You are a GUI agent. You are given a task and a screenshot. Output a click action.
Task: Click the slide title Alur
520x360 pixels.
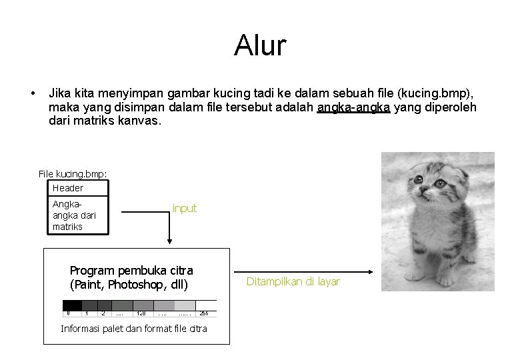(x=260, y=46)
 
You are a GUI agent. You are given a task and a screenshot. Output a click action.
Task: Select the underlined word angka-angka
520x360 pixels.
(x=353, y=108)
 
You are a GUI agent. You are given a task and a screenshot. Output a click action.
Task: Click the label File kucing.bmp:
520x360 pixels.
(x=73, y=174)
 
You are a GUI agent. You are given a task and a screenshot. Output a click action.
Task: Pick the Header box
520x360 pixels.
(x=81, y=188)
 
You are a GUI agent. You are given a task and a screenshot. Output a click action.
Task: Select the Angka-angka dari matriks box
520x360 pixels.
(x=81, y=214)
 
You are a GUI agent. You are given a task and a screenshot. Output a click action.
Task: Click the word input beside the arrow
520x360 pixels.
(x=185, y=209)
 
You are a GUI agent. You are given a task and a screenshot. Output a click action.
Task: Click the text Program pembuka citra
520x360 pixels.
(x=131, y=271)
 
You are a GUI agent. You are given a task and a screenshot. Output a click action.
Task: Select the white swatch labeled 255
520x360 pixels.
(x=206, y=307)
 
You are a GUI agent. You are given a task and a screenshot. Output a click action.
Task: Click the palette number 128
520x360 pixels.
(x=141, y=312)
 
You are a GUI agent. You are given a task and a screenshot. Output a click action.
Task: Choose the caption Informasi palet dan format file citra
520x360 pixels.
(x=133, y=329)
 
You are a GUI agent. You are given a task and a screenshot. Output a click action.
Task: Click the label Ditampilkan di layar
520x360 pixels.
(x=293, y=282)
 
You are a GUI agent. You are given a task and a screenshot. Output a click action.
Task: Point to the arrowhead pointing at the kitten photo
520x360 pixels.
(x=369, y=271)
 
